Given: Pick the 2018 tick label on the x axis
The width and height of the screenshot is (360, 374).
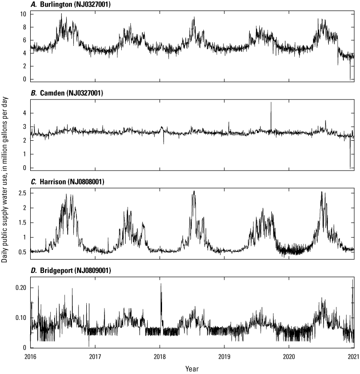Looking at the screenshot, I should click(160, 357).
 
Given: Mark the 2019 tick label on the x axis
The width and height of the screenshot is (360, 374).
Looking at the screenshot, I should click(224, 357).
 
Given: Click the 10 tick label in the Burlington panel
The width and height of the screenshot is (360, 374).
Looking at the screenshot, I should click(22, 14).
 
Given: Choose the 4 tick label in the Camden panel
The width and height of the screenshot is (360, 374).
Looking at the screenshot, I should click(23, 113).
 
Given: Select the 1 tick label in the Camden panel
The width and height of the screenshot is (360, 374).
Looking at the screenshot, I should click(23, 154).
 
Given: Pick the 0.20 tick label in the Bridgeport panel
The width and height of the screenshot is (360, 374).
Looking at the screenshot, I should click(19, 288).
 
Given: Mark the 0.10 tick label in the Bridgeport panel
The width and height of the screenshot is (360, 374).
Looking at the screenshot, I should click(19, 317).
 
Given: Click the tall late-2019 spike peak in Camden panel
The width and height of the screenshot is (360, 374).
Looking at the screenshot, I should click(271, 102).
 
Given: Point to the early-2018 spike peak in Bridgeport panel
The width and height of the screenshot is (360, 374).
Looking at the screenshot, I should click(161, 283).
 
